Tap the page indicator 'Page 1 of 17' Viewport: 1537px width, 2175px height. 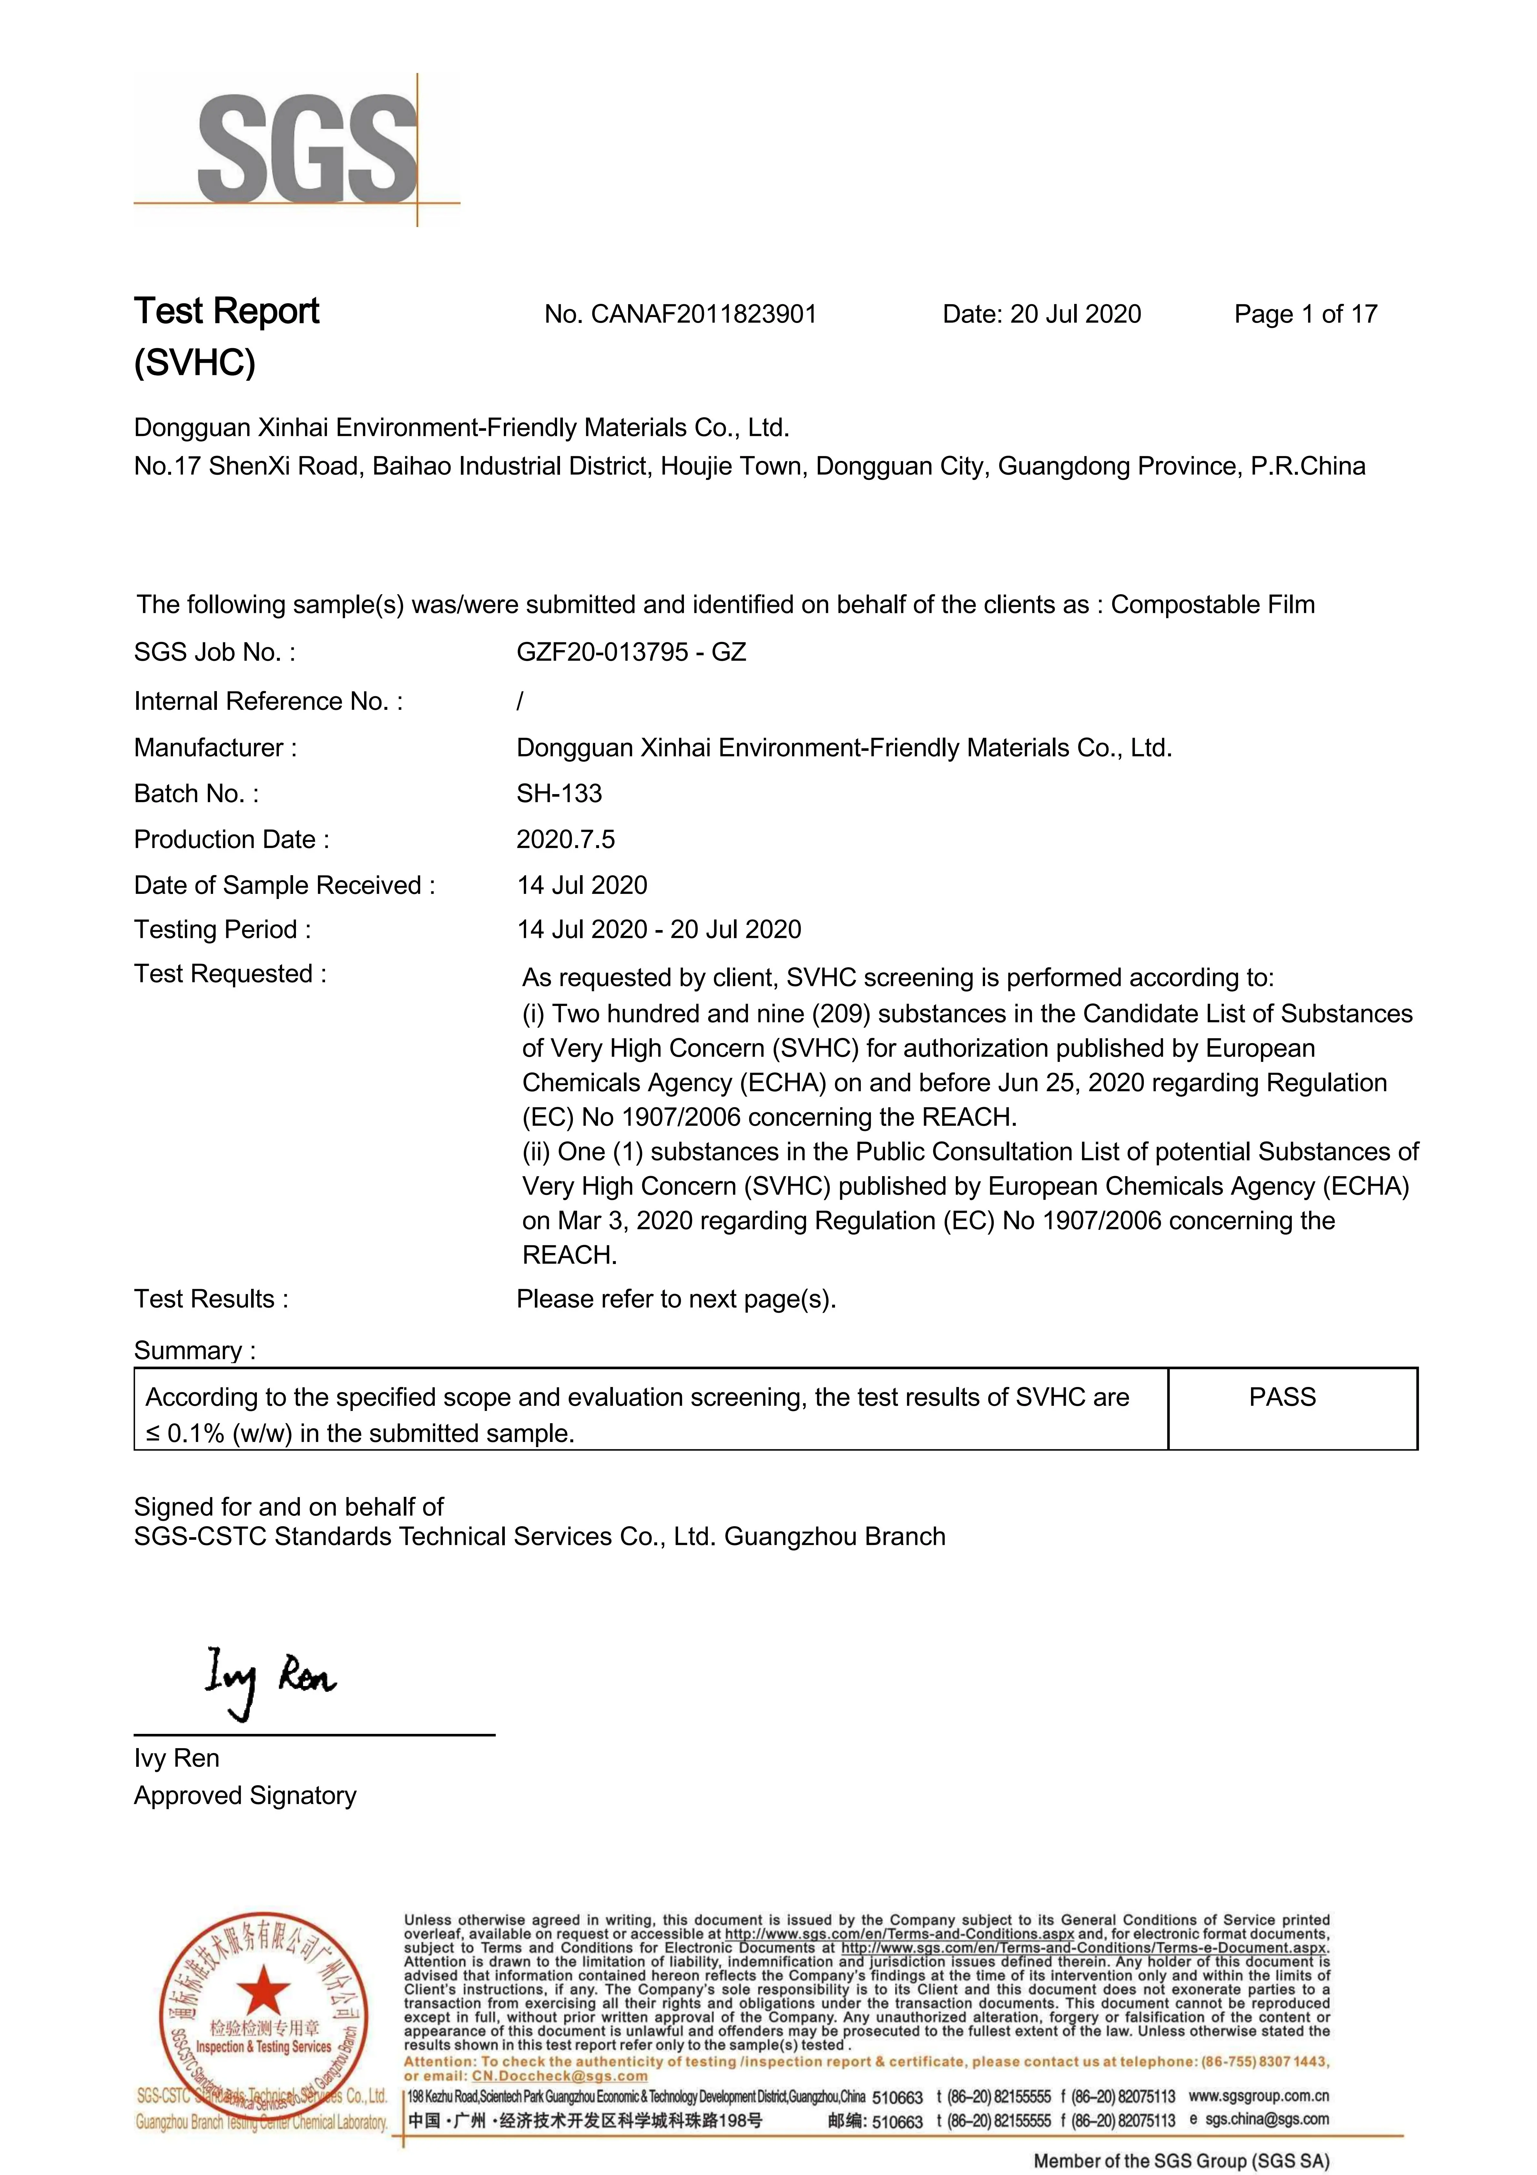pyautogui.click(x=1305, y=315)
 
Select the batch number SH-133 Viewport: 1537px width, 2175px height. pyautogui.click(x=559, y=794)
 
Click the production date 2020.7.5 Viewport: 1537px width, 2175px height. pyautogui.click(x=565, y=839)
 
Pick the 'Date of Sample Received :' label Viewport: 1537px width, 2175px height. pyautogui.click(x=284, y=886)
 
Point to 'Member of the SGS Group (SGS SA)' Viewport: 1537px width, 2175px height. pyautogui.click(x=1181, y=2161)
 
